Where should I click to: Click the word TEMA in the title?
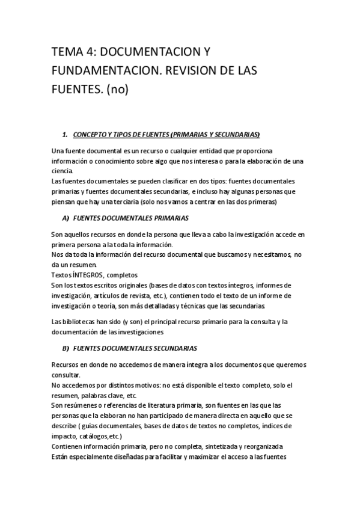pyautogui.click(x=67, y=52)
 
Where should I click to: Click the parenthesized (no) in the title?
pyautogui.click(x=118, y=90)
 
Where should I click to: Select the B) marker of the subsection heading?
pyautogui.click(x=66, y=349)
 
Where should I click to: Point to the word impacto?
pyautogui.click(x=64, y=437)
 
